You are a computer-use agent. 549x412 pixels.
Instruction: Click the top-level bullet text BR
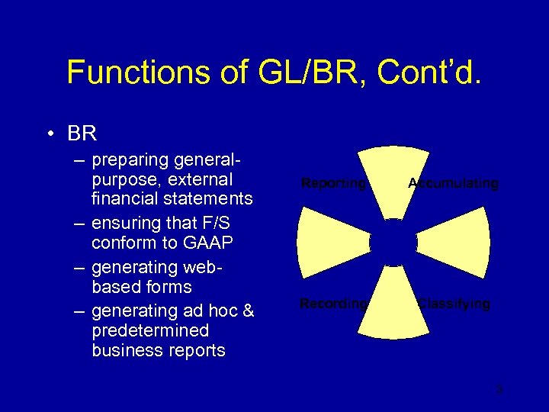pyautogui.click(x=82, y=134)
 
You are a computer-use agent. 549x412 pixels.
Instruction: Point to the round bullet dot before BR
pyautogui.click(x=50, y=134)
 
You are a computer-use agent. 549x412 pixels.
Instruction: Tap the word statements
pyautogui.click(x=210, y=199)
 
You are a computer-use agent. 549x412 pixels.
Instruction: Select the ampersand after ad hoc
pyautogui.click(x=248, y=311)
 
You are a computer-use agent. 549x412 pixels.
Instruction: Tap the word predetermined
pyautogui.click(x=150, y=330)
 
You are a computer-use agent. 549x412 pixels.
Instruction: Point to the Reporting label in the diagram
pyautogui.click(x=333, y=183)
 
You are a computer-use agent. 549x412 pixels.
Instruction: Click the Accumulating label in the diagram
pyautogui.click(x=453, y=183)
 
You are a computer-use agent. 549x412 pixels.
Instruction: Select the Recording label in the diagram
pyautogui.click(x=333, y=304)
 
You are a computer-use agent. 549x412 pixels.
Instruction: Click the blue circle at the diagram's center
pyautogui.click(x=393, y=243)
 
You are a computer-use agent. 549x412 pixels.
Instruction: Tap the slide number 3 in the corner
pyautogui.click(x=499, y=390)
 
